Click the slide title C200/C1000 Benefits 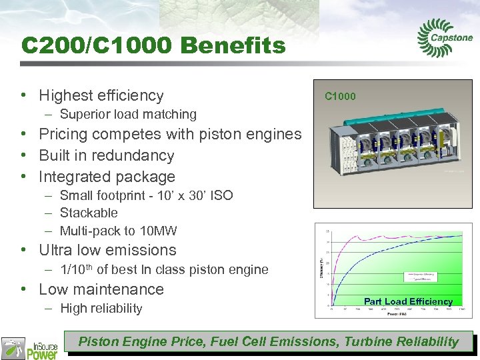(x=153, y=45)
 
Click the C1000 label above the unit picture (x=340, y=96)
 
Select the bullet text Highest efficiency (x=101, y=95)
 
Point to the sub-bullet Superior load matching (x=128, y=114)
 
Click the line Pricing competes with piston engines (x=170, y=134)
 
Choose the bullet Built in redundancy (x=106, y=155)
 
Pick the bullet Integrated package (x=107, y=177)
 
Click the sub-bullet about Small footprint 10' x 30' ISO (x=146, y=195)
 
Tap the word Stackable (x=89, y=213)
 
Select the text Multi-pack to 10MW (x=119, y=231)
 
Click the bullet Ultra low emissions (x=107, y=250)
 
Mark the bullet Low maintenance (x=101, y=289)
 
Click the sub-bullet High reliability (x=101, y=308)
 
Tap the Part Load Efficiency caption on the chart (x=408, y=301)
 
